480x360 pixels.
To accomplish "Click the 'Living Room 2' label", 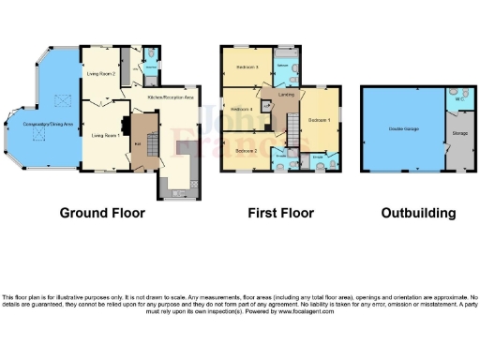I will click(101, 72).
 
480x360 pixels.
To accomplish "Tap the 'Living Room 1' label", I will click(105, 135).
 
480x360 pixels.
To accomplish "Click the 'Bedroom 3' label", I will click(247, 67).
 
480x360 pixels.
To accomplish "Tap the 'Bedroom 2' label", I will click(247, 151).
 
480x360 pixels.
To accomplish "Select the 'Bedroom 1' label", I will click(319, 121).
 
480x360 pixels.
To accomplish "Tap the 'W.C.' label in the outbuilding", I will click(458, 97).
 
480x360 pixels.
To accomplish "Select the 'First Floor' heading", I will click(279, 213).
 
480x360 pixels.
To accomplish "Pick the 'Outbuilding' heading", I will click(418, 213).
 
